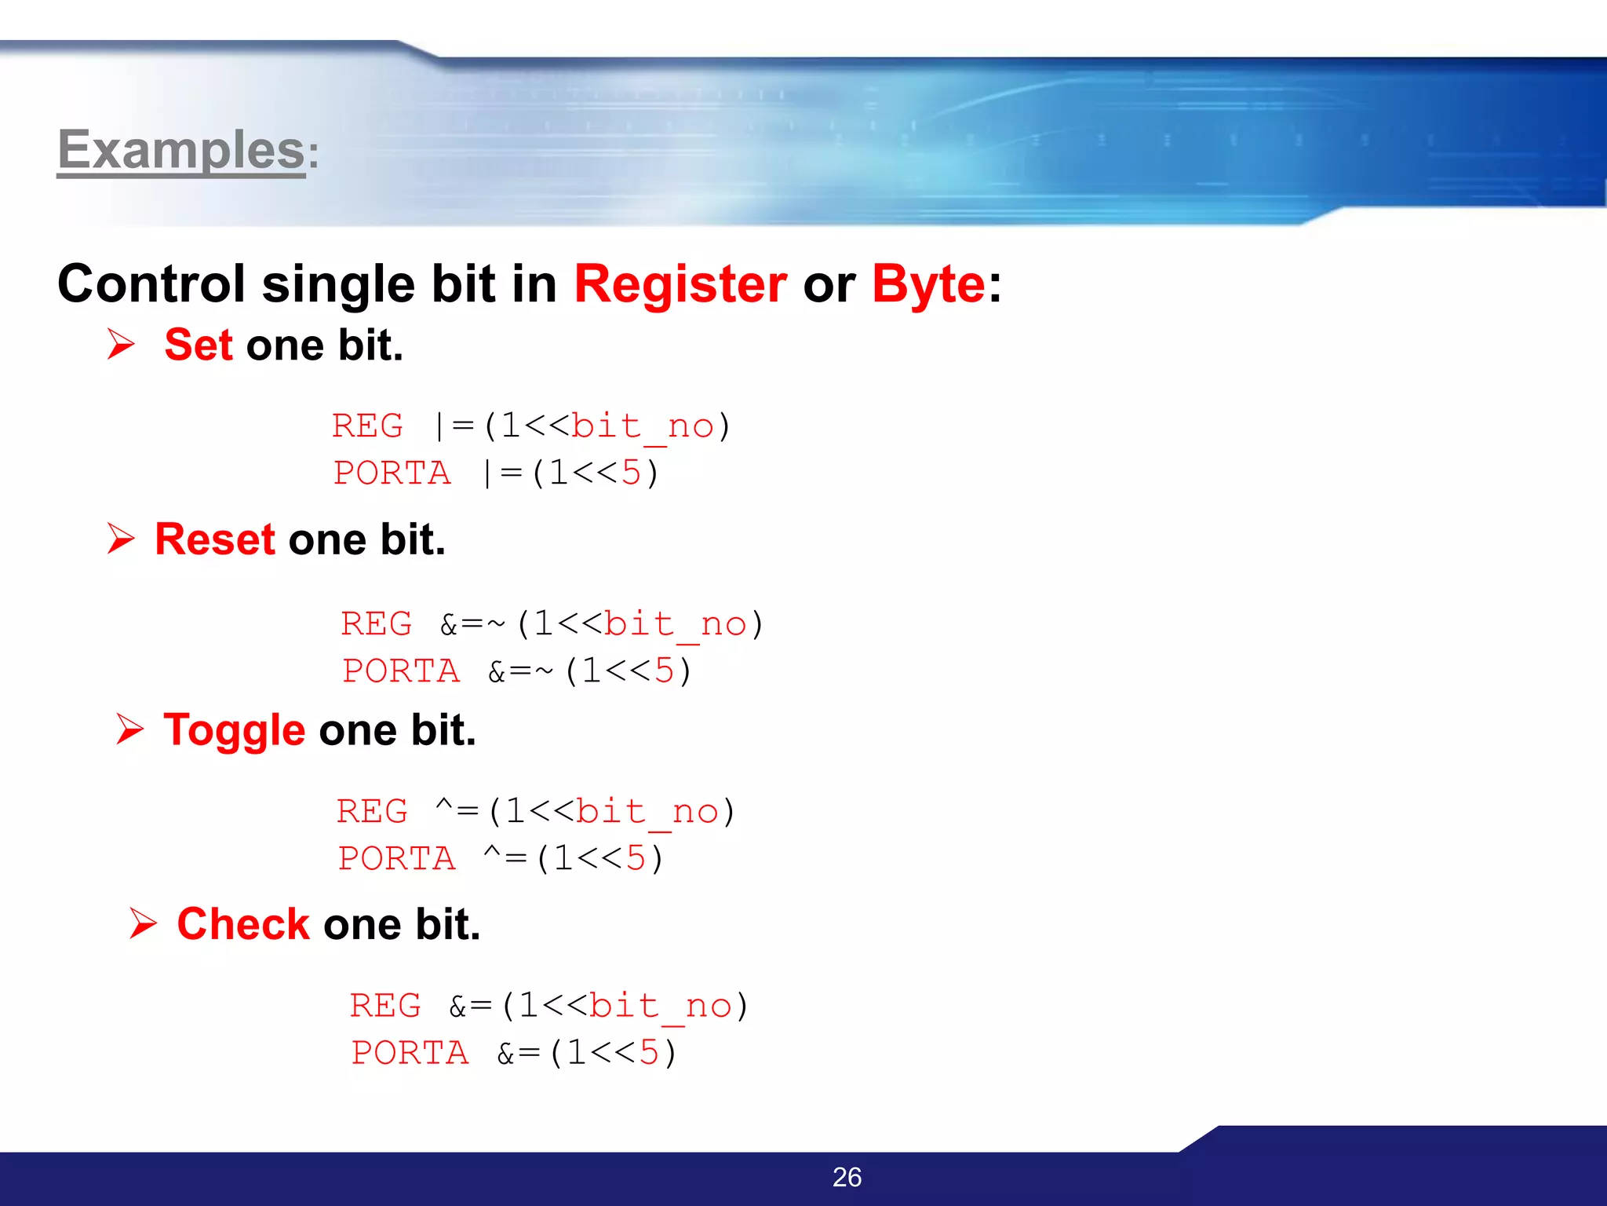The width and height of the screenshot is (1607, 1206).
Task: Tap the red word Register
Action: tap(680, 283)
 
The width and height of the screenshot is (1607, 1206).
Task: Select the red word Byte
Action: tap(928, 285)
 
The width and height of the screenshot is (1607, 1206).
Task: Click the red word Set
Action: tap(199, 345)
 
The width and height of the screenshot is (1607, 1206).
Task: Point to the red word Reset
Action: tap(214, 539)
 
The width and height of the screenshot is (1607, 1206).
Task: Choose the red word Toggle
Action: tap(234, 730)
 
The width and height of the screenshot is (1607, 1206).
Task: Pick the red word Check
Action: tap(243, 923)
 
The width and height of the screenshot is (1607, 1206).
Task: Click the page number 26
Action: tap(847, 1177)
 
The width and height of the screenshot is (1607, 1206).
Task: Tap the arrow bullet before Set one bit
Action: tap(121, 344)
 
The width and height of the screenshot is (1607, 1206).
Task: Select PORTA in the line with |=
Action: tap(392, 473)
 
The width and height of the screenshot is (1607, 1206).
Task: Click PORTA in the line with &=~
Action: tap(401, 671)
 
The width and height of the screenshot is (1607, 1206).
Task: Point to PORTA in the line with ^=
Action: tap(396, 858)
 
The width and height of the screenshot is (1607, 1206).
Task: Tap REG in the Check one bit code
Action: tap(384, 1006)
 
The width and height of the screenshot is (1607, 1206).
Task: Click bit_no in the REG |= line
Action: tap(643, 426)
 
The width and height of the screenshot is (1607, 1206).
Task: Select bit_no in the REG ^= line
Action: tap(647, 812)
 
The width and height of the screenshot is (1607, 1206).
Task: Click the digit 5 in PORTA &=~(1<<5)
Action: tap(664, 671)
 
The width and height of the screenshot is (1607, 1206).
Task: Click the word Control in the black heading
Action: tap(151, 283)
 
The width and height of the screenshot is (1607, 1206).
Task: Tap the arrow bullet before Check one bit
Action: tap(143, 923)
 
